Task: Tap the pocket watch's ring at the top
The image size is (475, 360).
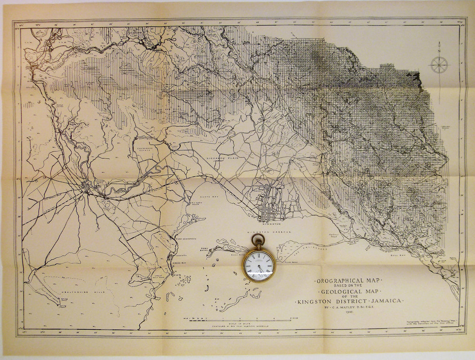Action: [x=258, y=239]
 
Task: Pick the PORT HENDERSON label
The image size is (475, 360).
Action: [x=186, y=239]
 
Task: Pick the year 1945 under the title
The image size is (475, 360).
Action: [x=349, y=312]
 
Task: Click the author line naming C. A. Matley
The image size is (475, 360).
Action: [x=348, y=307]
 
